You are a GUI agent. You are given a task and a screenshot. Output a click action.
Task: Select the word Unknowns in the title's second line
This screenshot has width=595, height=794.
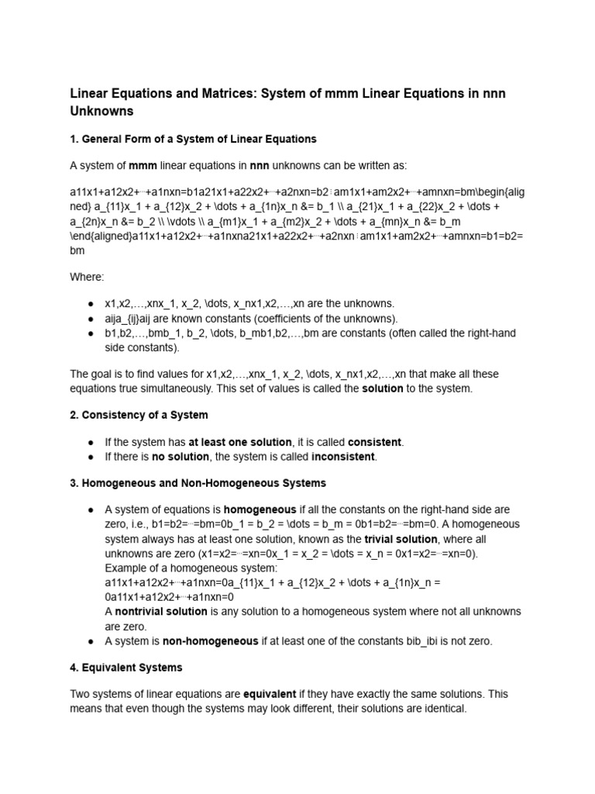(x=101, y=111)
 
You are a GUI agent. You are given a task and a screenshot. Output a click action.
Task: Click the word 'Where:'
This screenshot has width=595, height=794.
(x=87, y=277)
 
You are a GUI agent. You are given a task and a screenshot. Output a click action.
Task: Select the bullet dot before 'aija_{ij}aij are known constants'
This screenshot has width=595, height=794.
(x=91, y=319)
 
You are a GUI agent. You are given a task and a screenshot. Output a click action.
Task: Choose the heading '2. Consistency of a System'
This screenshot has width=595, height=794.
(x=139, y=415)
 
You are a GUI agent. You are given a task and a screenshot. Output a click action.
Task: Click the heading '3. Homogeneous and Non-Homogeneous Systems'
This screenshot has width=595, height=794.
(x=198, y=483)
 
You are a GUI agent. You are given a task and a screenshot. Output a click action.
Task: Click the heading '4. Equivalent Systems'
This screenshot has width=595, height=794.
(x=126, y=667)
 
